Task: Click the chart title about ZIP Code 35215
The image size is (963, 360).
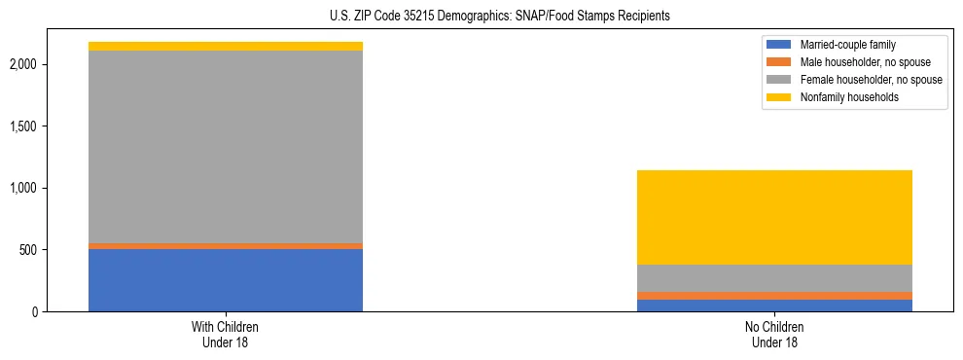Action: coord(482,17)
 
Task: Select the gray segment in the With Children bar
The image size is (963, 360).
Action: coord(226,146)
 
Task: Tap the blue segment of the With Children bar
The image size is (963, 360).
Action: coord(226,280)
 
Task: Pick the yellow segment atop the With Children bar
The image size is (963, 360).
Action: coord(226,46)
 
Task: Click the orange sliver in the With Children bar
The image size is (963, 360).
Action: coord(226,246)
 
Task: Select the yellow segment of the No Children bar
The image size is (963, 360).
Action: coord(774,217)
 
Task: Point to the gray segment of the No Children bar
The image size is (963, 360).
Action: coord(774,278)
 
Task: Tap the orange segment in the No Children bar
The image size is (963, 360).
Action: coord(774,296)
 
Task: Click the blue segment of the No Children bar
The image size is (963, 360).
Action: coord(774,306)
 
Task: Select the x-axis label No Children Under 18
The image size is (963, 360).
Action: coord(774,335)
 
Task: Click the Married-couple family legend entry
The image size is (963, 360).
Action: coord(845,44)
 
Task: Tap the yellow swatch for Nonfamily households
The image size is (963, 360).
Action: coord(779,97)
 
